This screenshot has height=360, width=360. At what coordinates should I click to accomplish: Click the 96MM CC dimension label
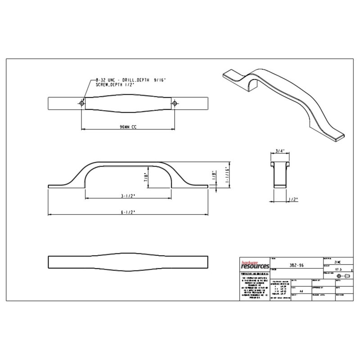(x=128, y=127)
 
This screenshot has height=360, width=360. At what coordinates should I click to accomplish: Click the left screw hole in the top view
(x=81, y=103)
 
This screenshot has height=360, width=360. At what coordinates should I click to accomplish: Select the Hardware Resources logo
(x=253, y=266)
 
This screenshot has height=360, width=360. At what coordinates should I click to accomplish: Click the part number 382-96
(x=295, y=265)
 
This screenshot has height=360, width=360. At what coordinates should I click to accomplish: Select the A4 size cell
(x=301, y=291)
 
